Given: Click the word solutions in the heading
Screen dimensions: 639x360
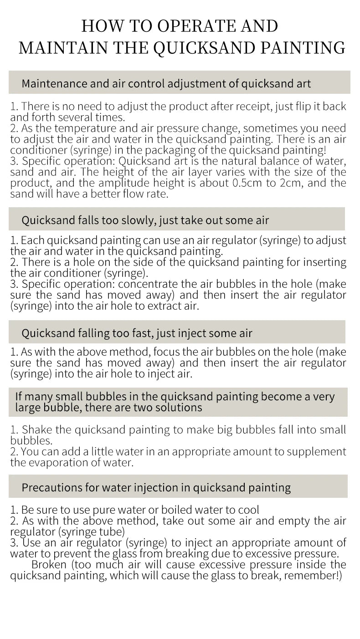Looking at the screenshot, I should pos(175,407).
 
